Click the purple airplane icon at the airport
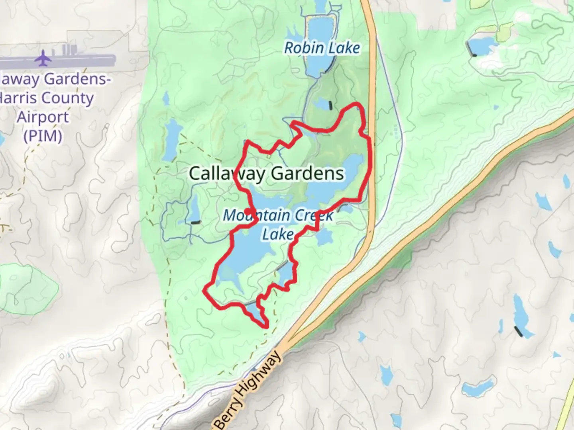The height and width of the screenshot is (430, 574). [x=43, y=59]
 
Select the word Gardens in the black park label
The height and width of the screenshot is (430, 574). [x=307, y=174]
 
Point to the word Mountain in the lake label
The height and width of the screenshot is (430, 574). [x=247, y=215]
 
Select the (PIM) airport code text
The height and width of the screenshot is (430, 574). [x=43, y=136]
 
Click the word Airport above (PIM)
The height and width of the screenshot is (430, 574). [x=43, y=117]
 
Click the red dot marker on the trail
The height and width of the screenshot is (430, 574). [x=248, y=211]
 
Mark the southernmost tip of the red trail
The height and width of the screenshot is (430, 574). [x=265, y=327]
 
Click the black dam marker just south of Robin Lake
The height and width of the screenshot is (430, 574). [x=330, y=105]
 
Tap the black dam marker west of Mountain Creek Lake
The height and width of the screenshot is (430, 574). [x=195, y=223]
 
